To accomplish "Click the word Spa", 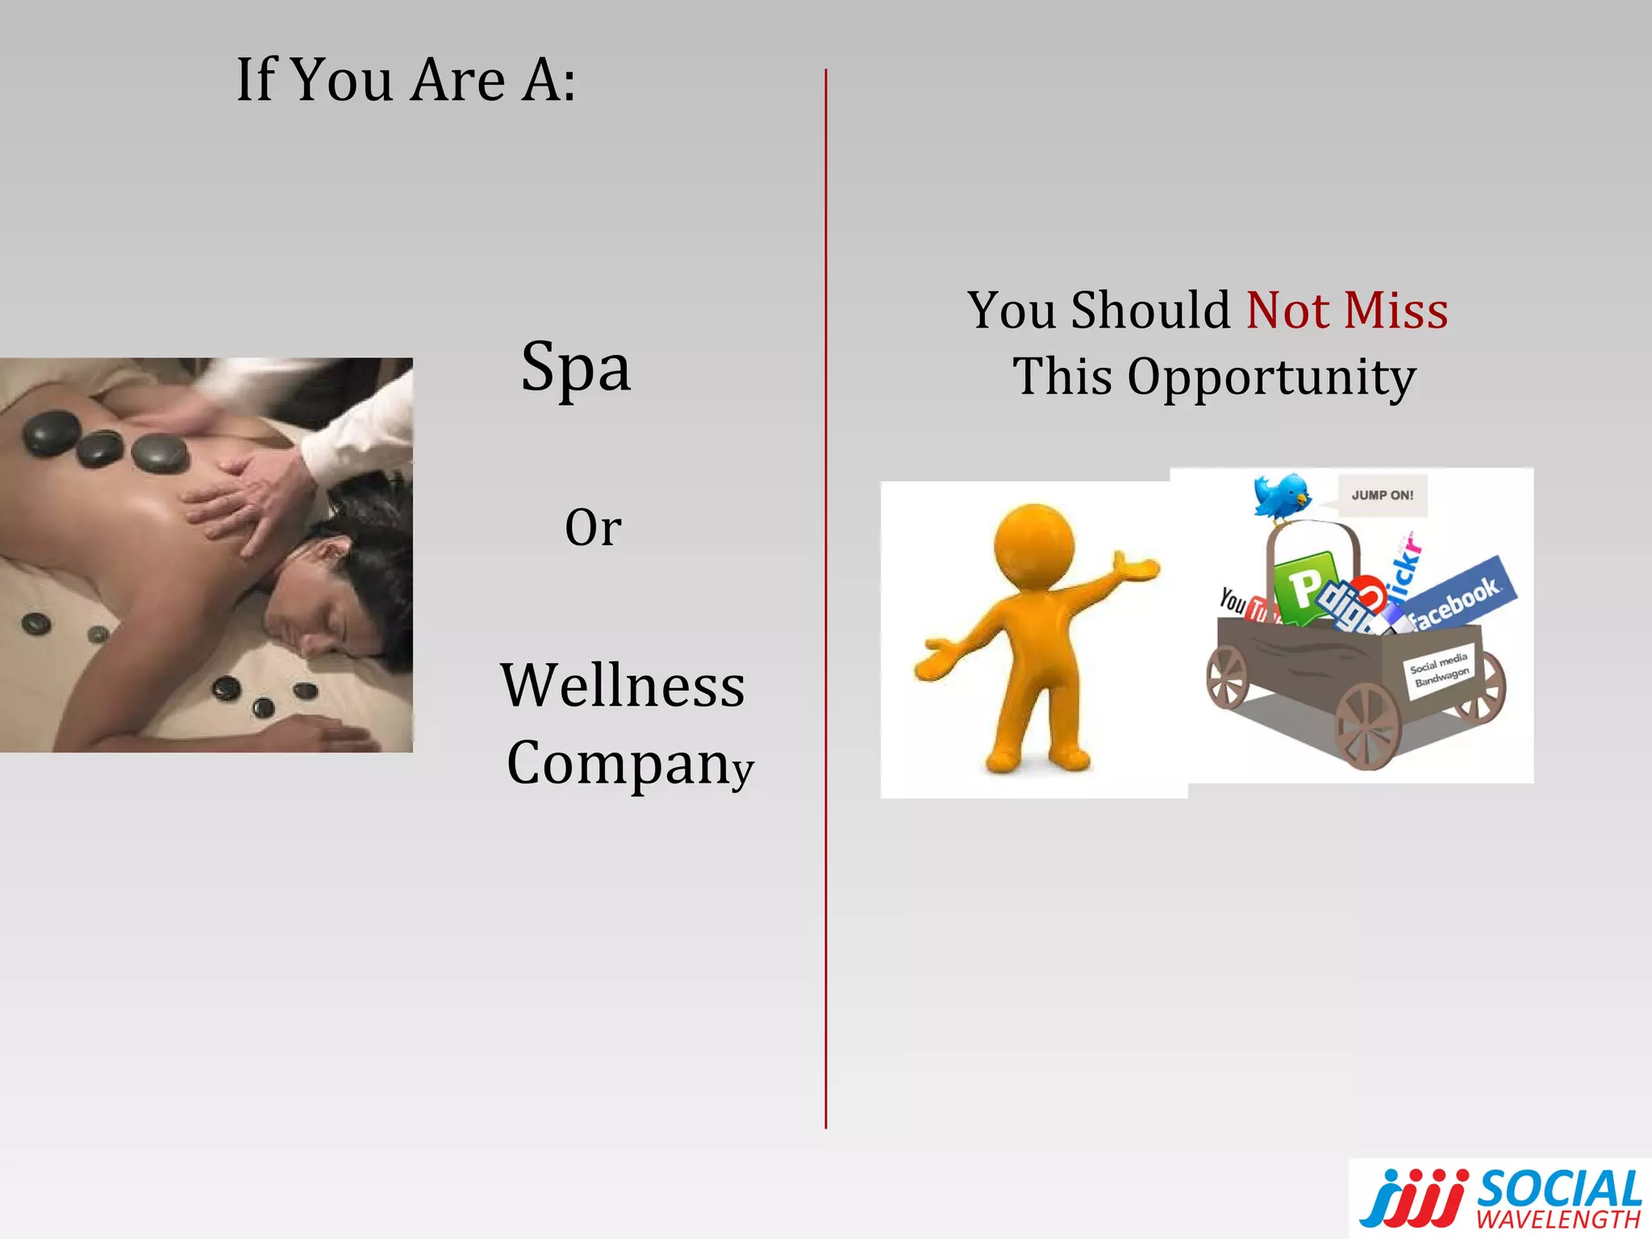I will click(x=575, y=368).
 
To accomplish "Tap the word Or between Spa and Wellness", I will click(x=593, y=528).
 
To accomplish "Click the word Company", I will click(x=629, y=763).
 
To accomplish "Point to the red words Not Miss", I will click(x=1347, y=311).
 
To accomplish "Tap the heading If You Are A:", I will click(x=406, y=80).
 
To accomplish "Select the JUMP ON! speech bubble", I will click(x=1382, y=495).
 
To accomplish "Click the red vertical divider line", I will click(x=826, y=597).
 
